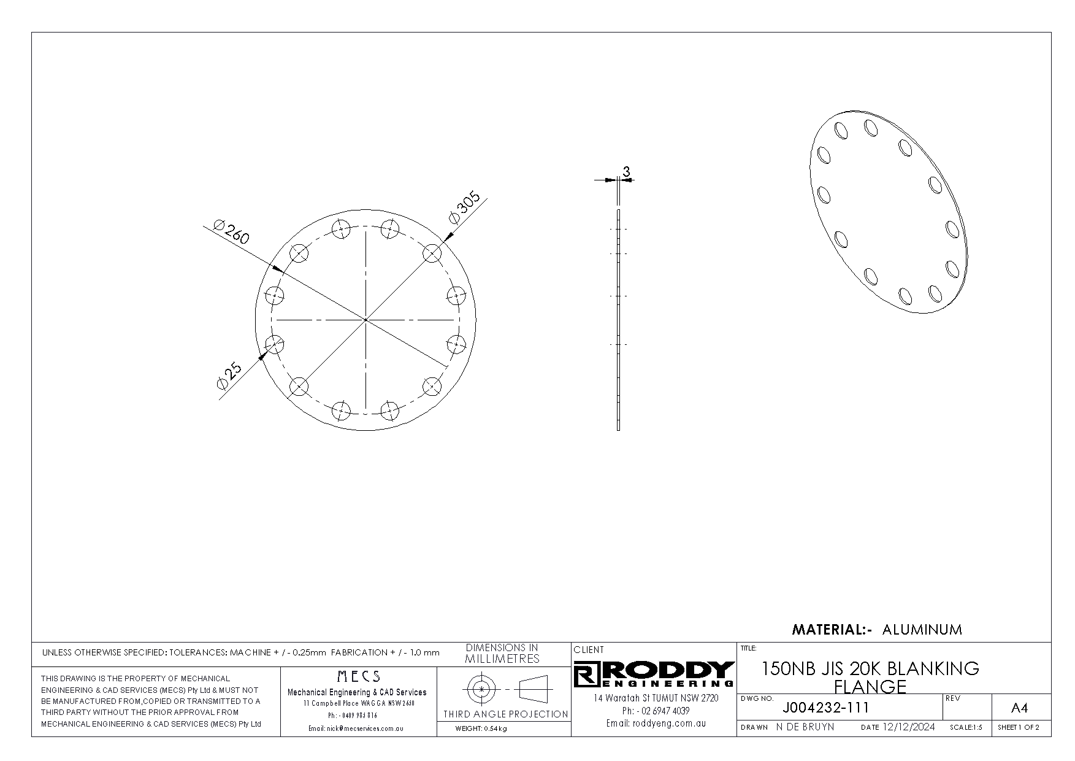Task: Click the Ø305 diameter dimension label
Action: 465,209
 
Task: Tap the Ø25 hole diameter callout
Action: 229,375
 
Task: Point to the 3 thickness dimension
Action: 626,172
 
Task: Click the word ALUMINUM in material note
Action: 922,629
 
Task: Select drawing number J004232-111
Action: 826,708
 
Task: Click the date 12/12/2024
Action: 908,727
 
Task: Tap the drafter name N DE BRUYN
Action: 805,727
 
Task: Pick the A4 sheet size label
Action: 1019,708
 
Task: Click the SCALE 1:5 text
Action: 966,728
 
